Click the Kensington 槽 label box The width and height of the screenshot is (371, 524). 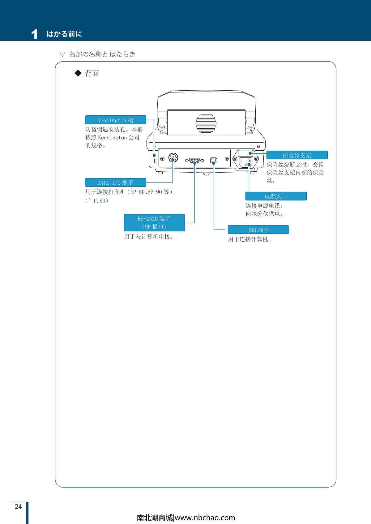[x=115, y=120]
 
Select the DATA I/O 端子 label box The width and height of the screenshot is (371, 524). [x=115, y=182]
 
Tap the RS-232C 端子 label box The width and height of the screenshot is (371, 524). [x=154, y=222]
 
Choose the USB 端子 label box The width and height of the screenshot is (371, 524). [x=258, y=230]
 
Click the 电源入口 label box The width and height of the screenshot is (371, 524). [x=276, y=196]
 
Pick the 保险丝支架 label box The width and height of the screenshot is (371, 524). [x=297, y=155]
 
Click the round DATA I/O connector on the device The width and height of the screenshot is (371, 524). [x=173, y=158]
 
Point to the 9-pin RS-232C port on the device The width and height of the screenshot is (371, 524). [x=194, y=160]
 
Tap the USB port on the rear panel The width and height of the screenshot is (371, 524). [x=213, y=160]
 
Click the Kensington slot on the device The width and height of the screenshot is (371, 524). [x=155, y=161]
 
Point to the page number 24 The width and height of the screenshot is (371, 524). [x=18, y=507]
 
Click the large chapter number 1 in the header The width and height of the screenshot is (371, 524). [x=34, y=34]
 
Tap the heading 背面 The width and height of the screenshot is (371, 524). [x=92, y=73]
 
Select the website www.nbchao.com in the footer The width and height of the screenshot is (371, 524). [x=205, y=518]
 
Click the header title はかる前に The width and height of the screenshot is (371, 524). [x=64, y=34]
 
